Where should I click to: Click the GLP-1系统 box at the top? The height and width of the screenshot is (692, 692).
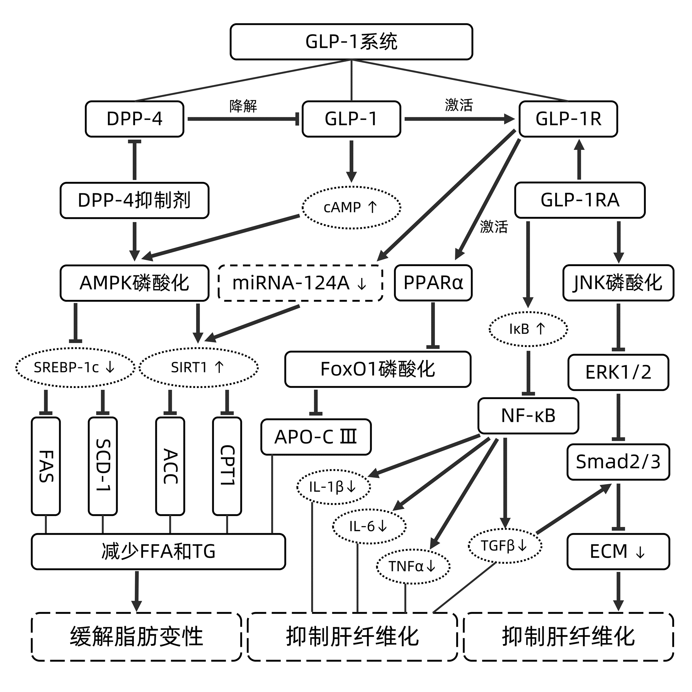click(x=351, y=42)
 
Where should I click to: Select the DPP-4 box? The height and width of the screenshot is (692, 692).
click(x=134, y=119)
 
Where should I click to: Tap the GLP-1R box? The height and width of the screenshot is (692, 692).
click(x=568, y=119)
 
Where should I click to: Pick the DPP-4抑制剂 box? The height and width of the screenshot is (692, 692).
click(x=134, y=200)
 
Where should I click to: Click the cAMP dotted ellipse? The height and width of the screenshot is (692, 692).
click(x=351, y=207)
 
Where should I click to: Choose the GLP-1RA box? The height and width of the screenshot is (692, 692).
click(x=580, y=200)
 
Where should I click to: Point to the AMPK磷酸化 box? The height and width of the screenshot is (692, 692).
click(x=134, y=283)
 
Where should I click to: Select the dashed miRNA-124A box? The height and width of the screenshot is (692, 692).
click(x=300, y=283)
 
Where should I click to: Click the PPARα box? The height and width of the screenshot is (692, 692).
click(x=433, y=283)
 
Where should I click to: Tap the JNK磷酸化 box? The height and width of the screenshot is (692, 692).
click(x=618, y=283)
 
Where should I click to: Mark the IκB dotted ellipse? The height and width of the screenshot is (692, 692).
click(x=528, y=329)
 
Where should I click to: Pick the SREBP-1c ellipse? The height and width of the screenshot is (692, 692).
click(x=75, y=367)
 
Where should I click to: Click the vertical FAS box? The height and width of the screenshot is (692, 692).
click(x=46, y=466)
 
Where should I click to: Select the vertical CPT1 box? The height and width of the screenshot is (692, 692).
click(x=227, y=466)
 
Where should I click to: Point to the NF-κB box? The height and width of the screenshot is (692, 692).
click(x=528, y=416)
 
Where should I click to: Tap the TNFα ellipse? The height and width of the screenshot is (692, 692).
click(x=413, y=566)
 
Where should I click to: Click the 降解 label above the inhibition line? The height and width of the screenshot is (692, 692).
click(x=243, y=106)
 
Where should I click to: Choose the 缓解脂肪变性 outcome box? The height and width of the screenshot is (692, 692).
click(x=136, y=637)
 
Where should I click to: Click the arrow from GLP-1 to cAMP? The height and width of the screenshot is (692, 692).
click(x=352, y=161)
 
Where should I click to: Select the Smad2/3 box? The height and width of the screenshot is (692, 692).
click(x=618, y=462)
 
